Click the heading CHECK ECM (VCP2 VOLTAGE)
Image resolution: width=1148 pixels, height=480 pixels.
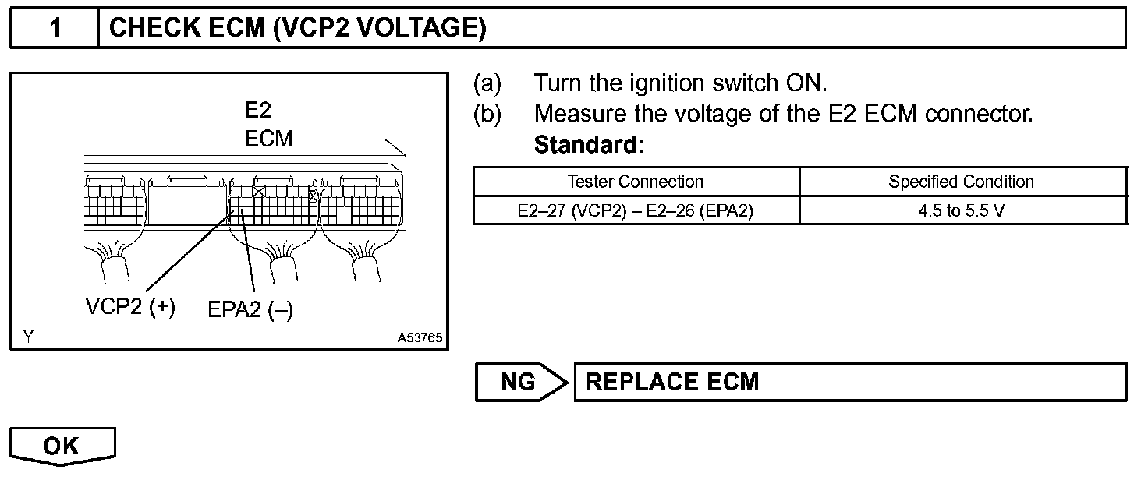tap(298, 29)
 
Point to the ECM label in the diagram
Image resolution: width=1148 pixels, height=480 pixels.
tap(268, 139)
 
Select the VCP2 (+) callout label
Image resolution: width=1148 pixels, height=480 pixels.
tap(130, 306)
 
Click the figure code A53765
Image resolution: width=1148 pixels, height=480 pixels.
tap(420, 338)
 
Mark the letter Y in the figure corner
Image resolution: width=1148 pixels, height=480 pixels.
tap(28, 337)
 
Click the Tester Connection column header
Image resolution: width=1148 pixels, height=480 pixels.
tap(635, 182)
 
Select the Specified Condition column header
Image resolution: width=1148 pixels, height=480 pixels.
tap(961, 182)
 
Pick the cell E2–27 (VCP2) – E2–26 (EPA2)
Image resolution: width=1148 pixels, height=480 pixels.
tap(635, 210)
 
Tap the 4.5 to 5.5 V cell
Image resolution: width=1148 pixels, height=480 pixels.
tap(961, 210)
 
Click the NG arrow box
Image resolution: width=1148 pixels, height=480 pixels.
tap(519, 382)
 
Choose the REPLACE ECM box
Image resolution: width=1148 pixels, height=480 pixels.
tap(849, 382)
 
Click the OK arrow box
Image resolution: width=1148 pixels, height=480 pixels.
tap(62, 446)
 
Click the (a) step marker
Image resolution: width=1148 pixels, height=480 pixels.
tap(487, 83)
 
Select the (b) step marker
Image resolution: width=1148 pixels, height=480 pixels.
tap(487, 114)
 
